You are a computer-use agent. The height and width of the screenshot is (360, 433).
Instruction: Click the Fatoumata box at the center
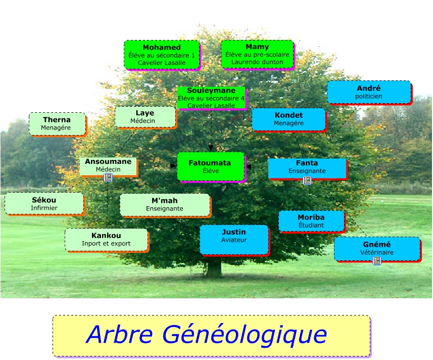tap(210, 166)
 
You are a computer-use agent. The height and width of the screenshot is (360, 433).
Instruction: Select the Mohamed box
tap(161, 55)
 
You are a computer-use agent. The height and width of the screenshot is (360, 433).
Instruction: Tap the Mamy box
tap(257, 54)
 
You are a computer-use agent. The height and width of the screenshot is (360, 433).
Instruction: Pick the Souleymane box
tap(211, 98)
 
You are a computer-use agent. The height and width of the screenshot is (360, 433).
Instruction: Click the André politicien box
tap(368, 92)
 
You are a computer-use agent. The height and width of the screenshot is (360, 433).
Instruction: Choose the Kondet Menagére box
tap(288, 119)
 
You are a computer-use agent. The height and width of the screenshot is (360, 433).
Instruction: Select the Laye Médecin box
tap(145, 117)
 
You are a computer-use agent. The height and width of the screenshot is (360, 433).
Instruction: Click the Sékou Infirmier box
tap(44, 203)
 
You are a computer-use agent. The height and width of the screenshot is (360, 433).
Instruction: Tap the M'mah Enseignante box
tap(165, 204)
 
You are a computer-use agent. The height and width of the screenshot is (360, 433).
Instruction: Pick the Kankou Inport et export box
tap(106, 239)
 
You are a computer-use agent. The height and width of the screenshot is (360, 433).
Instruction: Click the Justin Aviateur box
tap(234, 239)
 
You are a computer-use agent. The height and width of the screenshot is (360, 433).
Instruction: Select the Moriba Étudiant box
tap(311, 221)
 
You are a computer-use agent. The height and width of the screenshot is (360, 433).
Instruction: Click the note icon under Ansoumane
tap(108, 177)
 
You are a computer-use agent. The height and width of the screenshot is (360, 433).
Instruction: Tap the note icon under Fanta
tap(307, 180)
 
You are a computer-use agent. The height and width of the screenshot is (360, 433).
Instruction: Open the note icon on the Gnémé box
tap(376, 260)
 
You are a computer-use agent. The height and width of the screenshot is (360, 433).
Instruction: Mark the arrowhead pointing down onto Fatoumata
tap(211, 148)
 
